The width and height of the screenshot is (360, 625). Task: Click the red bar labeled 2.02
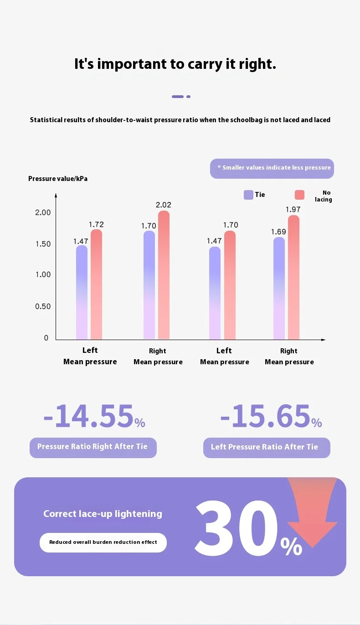tap(164, 275)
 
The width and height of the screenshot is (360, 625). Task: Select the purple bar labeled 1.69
tap(279, 288)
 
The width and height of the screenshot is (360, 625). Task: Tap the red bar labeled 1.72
tap(96, 284)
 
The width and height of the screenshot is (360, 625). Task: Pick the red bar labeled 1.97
tap(293, 277)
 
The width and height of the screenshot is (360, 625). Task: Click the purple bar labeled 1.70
tap(149, 285)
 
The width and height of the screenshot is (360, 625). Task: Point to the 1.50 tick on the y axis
tap(43, 244)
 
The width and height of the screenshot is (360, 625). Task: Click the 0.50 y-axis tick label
tap(43, 306)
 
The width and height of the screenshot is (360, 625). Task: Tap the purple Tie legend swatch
tap(248, 195)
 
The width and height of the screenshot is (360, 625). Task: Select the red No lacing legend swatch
tap(299, 195)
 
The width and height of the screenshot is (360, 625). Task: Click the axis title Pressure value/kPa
tap(58, 179)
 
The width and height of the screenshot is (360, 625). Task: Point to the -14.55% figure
tap(94, 416)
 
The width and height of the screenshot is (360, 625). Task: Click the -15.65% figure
tap(271, 416)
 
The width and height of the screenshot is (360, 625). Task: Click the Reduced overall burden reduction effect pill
tap(103, 542)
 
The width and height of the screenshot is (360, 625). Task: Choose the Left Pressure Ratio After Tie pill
tap(267, 448)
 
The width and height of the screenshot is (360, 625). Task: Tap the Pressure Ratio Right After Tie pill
tap(93, 448)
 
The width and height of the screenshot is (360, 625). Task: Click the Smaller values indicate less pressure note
tap(272, 169)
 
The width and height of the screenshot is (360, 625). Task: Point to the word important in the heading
tap(132, 64)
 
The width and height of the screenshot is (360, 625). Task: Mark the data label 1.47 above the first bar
tap(81, 241)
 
